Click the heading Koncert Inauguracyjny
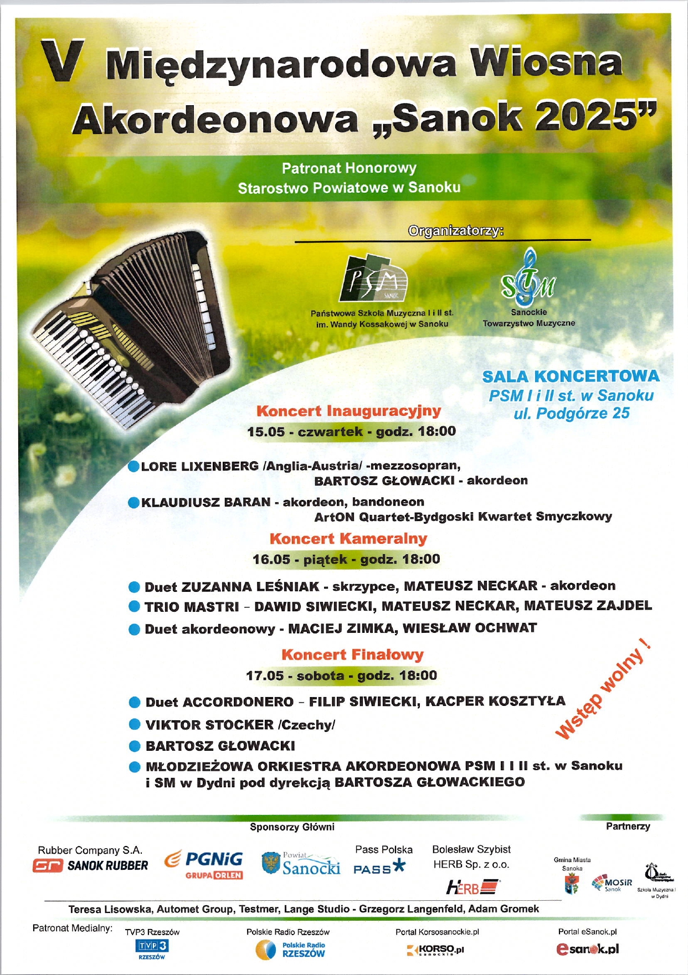point(348,411)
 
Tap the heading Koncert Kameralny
point(348,539)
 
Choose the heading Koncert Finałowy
point(352,654)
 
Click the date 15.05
point(265,432)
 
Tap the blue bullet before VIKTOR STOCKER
point(134,724)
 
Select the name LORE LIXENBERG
point(200,466)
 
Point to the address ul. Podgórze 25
point(571,414)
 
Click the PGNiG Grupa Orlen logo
point(204,865)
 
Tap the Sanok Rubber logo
point(91,865)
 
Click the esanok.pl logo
point(587,949)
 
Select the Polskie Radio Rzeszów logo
point(290,950)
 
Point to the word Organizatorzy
point(455,230)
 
